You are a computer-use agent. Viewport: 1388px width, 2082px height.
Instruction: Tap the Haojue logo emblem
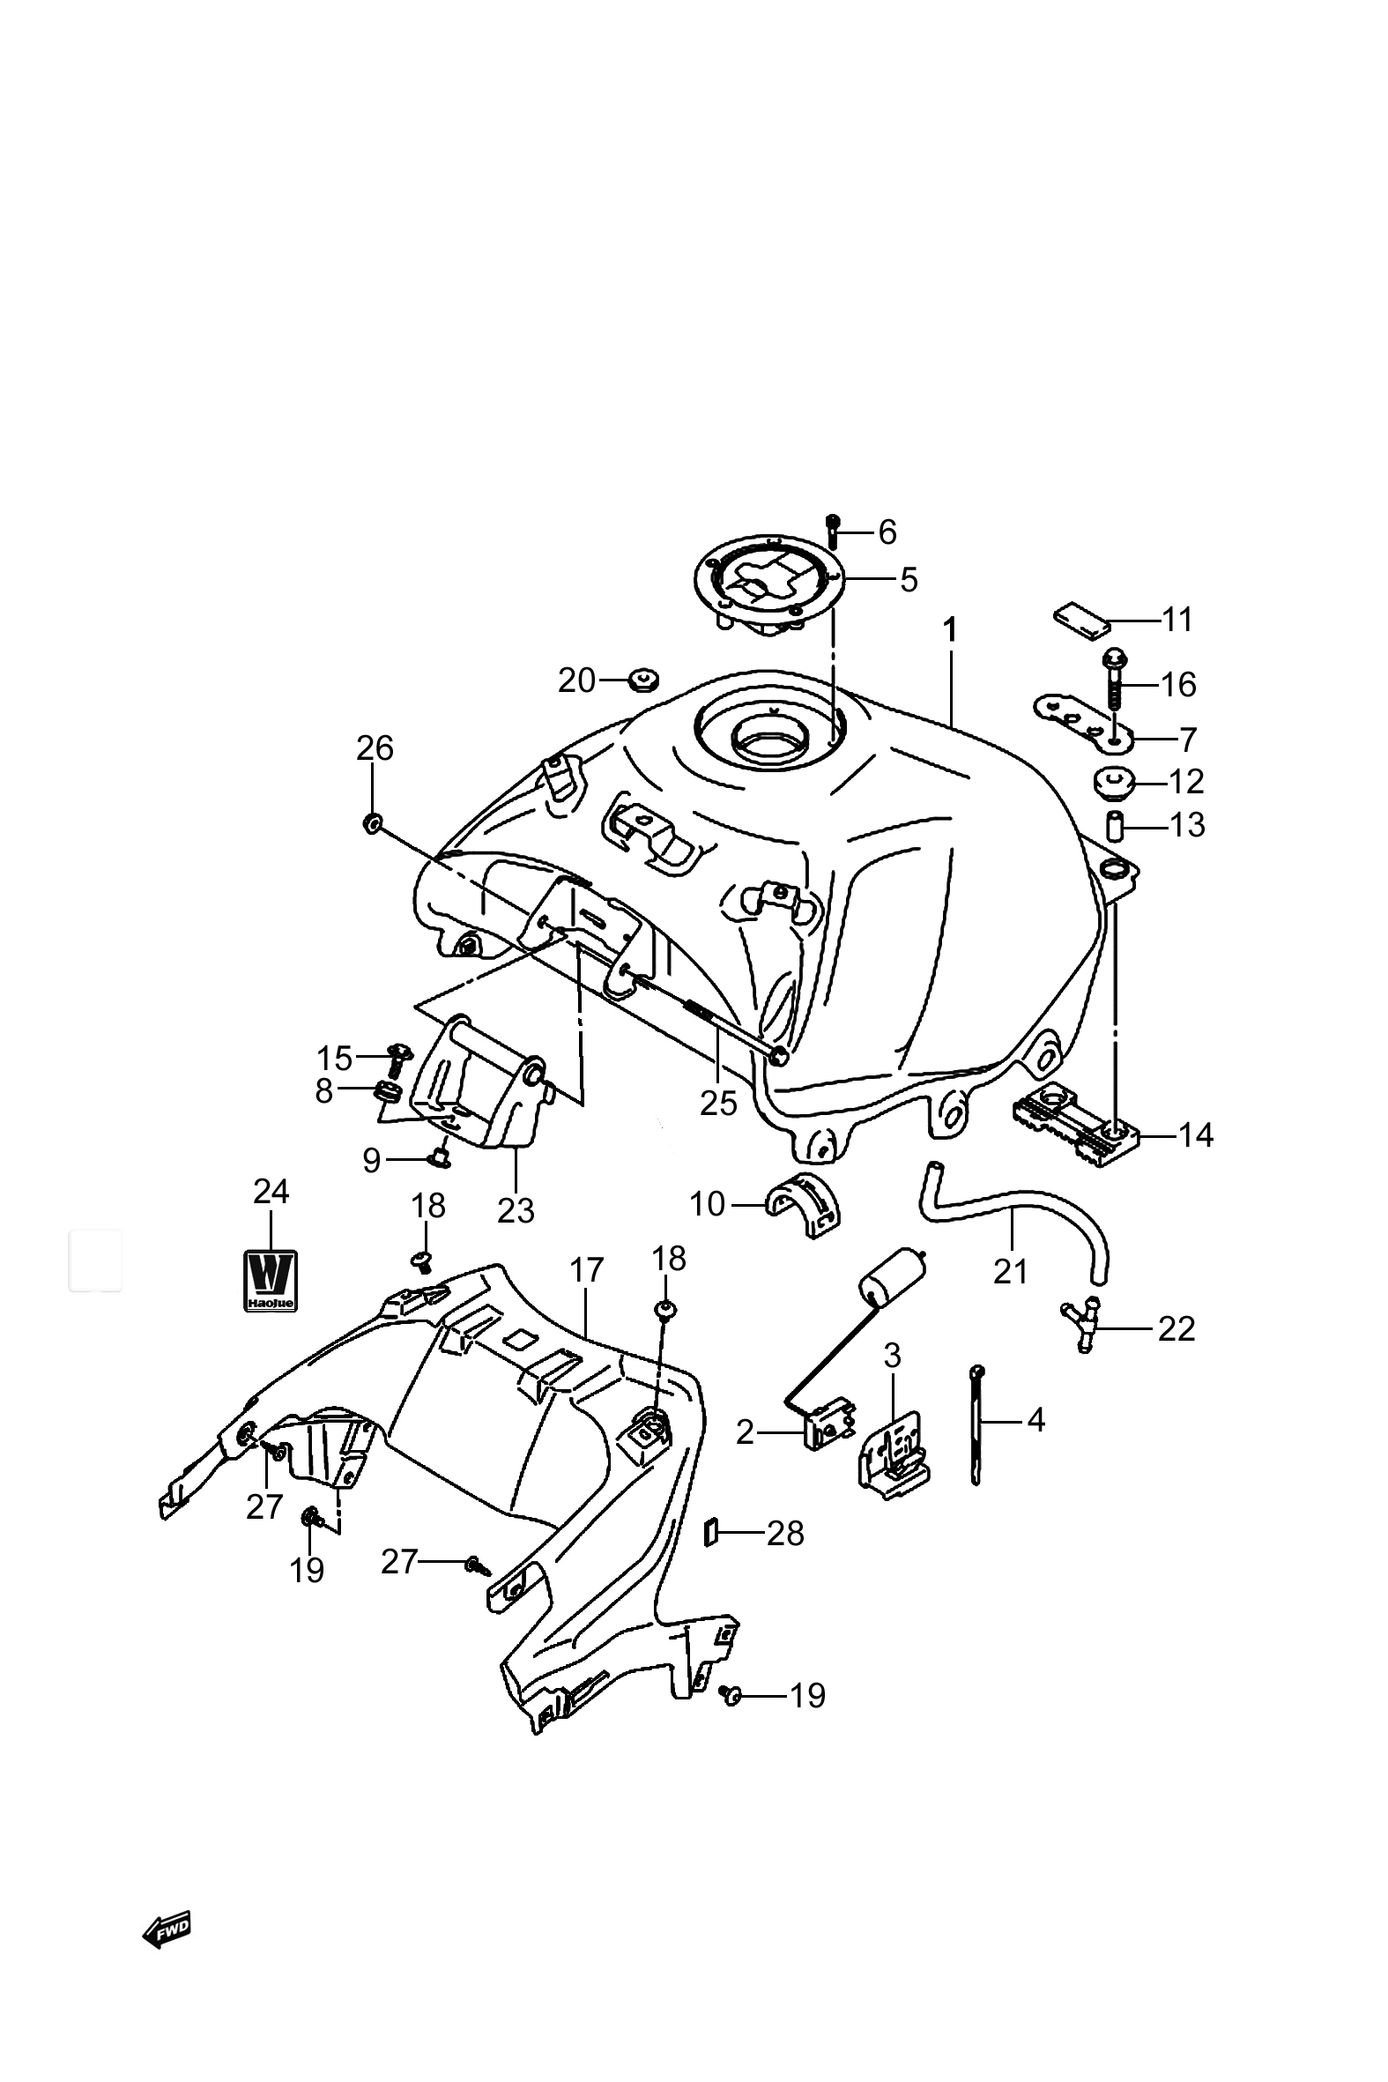pyautogui.click(x=271, y=1280)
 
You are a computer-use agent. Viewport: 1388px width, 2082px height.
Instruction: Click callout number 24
pyautogui.click(x=271, y=1192)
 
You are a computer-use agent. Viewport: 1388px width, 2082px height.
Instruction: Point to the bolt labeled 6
pyautogui.click(x=832, y=531)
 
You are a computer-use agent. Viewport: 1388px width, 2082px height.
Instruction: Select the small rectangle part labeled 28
pyautogui.click(x=709, y=1532)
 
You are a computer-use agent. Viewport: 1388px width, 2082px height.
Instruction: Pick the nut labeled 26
pyautogui.click(x=372, y=824)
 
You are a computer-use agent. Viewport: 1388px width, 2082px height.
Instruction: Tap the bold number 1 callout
pyautogui.click(x=950, y=631)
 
